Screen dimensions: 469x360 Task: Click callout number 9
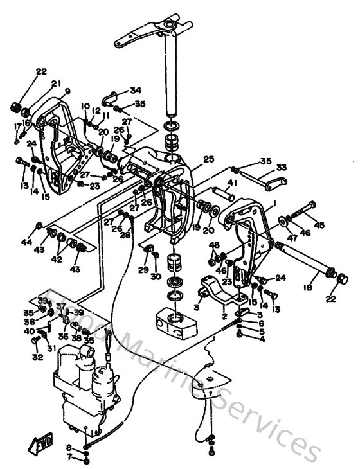[67, 91]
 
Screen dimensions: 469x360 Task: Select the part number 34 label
[136, 89]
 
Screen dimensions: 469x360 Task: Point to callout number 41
[231, 184]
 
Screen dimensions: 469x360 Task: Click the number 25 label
[208, 159]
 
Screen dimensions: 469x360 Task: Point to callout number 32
[37, 357]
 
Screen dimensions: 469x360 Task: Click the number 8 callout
[69, 447]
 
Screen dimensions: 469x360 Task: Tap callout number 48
[213, 245]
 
